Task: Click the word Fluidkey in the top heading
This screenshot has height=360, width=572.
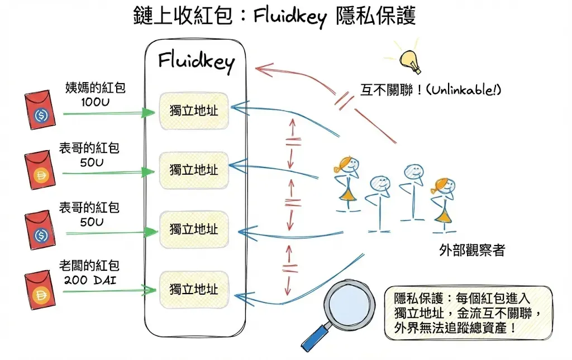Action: [x=289, y=16]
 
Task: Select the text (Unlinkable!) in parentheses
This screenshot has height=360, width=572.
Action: [x=463, y=90]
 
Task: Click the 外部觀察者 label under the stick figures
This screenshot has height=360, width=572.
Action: [x=472, y=250]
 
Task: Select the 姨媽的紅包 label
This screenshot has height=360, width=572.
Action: [x=95, y=87]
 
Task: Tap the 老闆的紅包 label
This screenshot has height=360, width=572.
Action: [x=89, y=265]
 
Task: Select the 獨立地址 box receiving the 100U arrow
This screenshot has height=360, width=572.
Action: [x=194, y=111]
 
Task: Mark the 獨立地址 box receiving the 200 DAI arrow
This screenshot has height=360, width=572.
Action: [x=194, y=289]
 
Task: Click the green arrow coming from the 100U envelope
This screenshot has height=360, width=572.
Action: [x=109, y=113]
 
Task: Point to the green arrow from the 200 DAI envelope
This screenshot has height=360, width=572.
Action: [x=109, y=290]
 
